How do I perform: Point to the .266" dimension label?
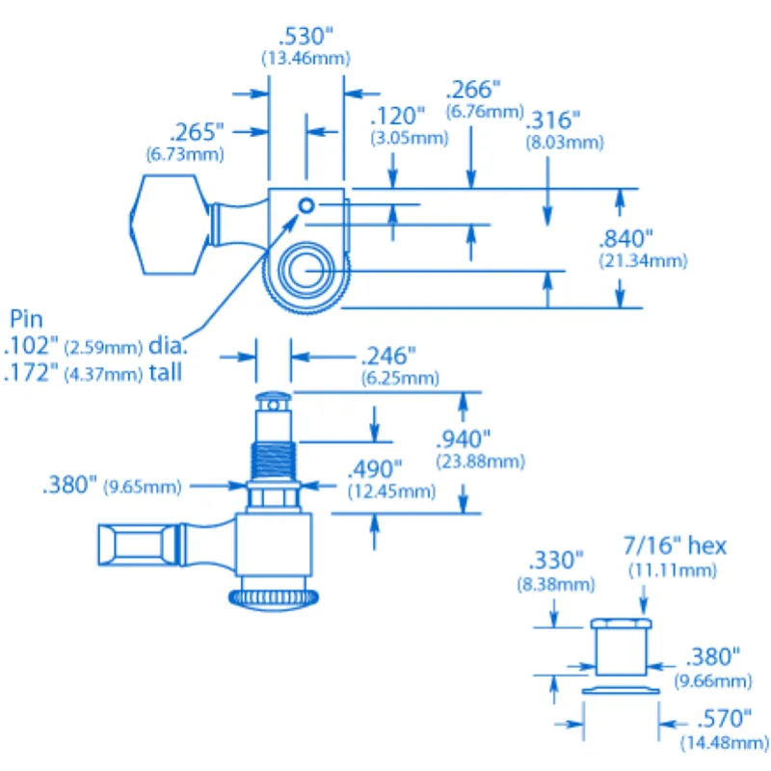coord(472,91)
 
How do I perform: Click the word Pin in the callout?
coord(26,319)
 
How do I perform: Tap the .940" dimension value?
coord(465,439)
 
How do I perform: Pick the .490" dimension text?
coord(374,470)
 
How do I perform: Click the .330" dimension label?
coord(556,561)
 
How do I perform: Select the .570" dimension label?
coord(714,718)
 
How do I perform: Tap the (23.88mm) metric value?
coord(480,462)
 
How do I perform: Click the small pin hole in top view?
coord(306,204)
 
